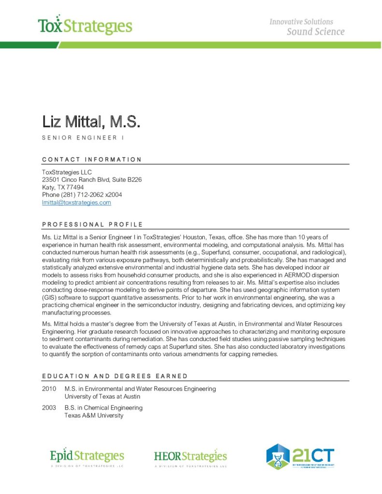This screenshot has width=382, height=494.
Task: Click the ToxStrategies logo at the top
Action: click(85, 26)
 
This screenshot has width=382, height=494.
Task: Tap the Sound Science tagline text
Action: click(315, 32)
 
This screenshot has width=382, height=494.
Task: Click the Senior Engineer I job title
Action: click(80, 138)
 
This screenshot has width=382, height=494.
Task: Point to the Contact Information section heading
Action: click(92, 159)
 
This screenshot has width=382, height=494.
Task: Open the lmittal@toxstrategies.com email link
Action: click(76, 203)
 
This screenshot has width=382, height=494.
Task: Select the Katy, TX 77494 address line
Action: click(63, 187)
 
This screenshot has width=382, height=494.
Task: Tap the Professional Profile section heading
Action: click(92, 224)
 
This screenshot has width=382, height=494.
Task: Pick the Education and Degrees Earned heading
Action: click(115, 376)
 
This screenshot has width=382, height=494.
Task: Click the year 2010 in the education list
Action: click(49, 389)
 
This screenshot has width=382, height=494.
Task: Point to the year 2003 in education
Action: click(49, 408)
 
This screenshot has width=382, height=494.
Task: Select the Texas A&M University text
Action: click(94, 415)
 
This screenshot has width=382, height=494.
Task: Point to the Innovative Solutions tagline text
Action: click(301, 22)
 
